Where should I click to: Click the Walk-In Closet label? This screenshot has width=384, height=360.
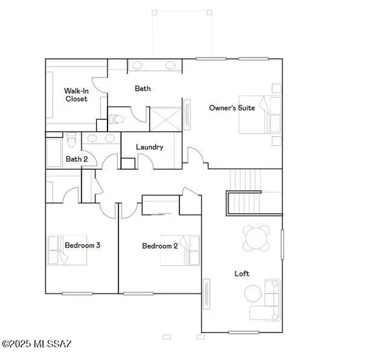76,95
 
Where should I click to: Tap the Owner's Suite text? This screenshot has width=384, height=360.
232,108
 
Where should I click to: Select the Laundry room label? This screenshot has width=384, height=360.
150,147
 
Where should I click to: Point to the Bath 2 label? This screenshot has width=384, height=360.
77,159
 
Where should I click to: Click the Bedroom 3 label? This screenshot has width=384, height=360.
83,245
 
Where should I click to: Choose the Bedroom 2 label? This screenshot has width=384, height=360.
159,246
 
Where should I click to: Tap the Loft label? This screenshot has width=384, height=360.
242,274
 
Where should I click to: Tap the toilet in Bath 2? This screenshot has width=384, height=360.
72,141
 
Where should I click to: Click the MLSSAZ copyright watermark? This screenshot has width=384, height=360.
36,345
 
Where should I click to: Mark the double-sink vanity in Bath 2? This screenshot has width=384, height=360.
100,138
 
